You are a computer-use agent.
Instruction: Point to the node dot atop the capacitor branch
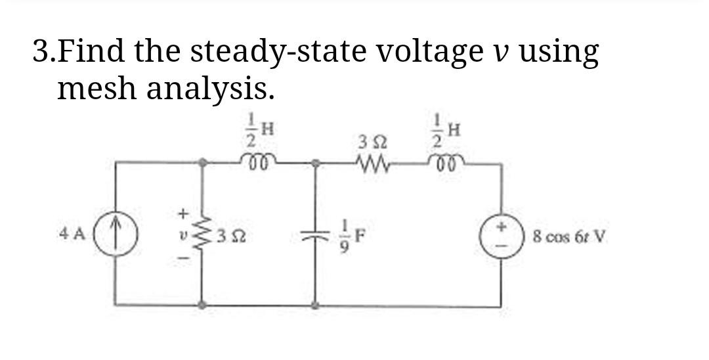click(x=315, y=161)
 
